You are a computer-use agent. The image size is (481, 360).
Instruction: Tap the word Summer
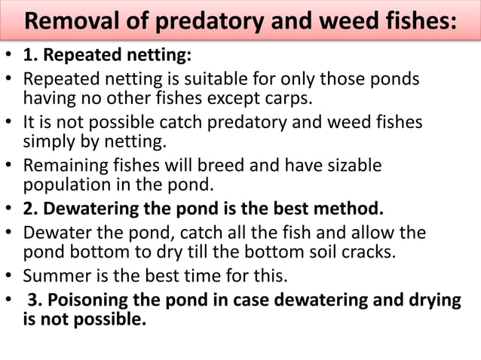[54, 273]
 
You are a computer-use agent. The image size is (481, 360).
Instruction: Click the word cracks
[369, 251]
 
